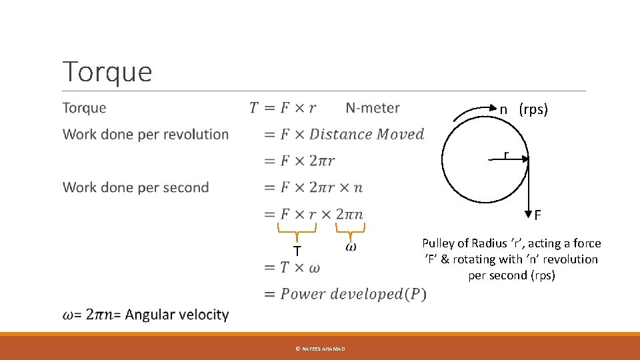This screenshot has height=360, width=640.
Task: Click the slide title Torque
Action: (x=107, y=71)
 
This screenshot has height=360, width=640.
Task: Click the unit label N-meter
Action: (x=373, y=108)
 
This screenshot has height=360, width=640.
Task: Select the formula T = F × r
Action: (x=283, y=108)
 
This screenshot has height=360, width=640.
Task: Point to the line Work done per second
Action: (x=135, y=187)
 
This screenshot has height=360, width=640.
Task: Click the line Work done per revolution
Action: (x=145, y=135)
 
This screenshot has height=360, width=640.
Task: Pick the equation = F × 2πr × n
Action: (x=313, y=187)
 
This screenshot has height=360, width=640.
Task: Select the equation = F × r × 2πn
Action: (x=313, y=214)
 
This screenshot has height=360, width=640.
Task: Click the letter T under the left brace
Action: (x=297, y=251)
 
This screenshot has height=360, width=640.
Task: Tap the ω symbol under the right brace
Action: (x=351, y=247)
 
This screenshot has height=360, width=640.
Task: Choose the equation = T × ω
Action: (x=292, y=267)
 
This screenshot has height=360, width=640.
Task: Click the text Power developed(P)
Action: (x=353, y=294)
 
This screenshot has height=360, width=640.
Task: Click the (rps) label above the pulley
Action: (x=533, y=109)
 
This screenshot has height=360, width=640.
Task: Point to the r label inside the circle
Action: (x=506, y=155)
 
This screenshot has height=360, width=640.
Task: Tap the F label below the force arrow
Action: (x=537, y=215)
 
